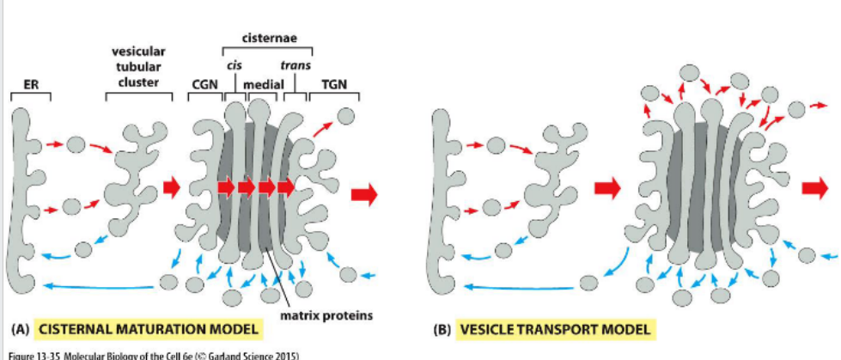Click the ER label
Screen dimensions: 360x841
click(x=30, y=84)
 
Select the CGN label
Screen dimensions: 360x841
click(x=204, y=84)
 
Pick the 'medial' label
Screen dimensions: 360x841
click(x=264, y=84)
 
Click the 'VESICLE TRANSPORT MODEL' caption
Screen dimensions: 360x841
click(x=554, y=329)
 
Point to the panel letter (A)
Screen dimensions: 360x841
click(x=18, y=329)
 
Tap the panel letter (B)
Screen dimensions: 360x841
click(x=442, y=329)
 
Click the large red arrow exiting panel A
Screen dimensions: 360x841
click(x=364, y=195)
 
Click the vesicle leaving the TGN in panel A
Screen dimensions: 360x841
click(x=345, y=116)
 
